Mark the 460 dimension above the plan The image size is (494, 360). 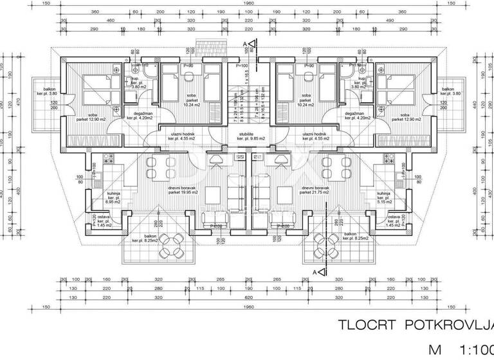pos(110,21)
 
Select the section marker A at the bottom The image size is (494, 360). pos(315,273)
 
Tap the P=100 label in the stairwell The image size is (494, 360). pos(242,66)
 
